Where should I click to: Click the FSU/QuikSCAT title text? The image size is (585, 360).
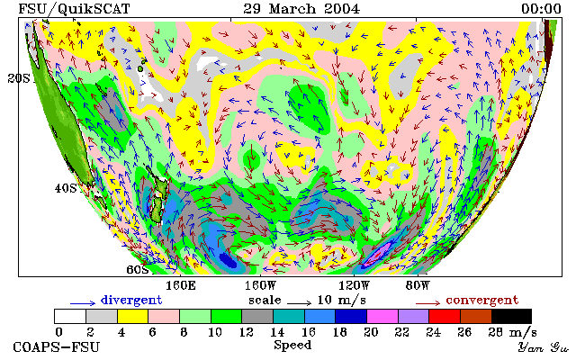point(74,9)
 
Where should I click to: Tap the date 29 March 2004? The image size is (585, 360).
point(301,9)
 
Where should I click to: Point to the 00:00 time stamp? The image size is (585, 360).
point(541,9)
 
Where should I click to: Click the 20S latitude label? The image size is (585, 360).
point(19,78)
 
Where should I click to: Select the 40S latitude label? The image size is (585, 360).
point(66,188)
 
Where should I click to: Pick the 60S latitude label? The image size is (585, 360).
point(137,269)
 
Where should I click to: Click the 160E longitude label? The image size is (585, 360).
point(181,286)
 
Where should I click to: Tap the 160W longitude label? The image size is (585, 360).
point(260,286)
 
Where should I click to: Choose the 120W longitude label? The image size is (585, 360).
point(354,286)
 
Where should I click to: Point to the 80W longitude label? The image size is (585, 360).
point(418,286)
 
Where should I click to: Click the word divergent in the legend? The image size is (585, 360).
point(131,300)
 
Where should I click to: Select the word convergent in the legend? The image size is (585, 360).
point(482,300)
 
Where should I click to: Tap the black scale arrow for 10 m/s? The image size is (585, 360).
point(299,303)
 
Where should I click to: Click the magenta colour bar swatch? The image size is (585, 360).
point(382,317)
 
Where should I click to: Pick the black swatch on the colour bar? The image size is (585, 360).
point(511,317)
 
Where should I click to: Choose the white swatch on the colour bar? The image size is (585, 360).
point(70,317)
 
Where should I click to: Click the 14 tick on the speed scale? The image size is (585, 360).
point(277,332)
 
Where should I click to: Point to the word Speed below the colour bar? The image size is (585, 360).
point(292,346)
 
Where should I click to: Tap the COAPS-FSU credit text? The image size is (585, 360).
point(57,347)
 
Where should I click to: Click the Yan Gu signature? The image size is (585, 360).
point(543,347)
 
